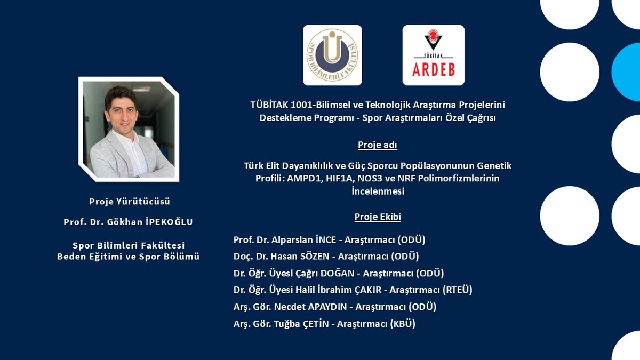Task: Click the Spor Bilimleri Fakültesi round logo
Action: [332, 55]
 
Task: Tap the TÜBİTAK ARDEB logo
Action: [433, 55]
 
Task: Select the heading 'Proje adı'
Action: [378, 145]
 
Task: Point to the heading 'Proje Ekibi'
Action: [378, 217]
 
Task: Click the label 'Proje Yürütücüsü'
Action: [129, 202]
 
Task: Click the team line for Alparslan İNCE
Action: [329, 240]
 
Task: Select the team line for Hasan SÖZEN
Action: [326, 257]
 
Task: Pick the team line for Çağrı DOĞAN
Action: [339, 273]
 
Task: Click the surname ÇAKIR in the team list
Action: [369, 290]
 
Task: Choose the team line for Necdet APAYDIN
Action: [335, 307]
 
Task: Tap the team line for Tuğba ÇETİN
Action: [324, 323]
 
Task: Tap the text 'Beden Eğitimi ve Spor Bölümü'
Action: [129, 257]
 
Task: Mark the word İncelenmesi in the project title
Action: [378, 191]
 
